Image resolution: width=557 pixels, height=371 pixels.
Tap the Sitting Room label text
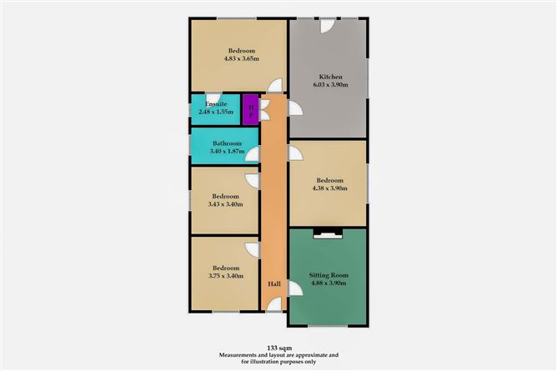coord(328,274)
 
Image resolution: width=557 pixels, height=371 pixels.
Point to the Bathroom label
coord(227,143)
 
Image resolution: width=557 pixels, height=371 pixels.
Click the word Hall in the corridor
coord(273,285)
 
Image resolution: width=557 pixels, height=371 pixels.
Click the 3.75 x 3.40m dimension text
coord(227,276)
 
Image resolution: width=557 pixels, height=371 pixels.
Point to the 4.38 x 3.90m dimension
coord(328,188)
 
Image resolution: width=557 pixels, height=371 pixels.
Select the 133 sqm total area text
coord(278,344)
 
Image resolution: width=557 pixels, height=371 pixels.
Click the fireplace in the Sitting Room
coord(327,234)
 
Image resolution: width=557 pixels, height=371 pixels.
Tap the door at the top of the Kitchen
coord(328,26)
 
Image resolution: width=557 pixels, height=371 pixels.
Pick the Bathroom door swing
coord(252,153)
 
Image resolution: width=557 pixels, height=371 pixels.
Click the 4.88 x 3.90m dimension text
coord(328,283)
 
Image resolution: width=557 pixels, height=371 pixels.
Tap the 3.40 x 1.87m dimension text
coord(227,151)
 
